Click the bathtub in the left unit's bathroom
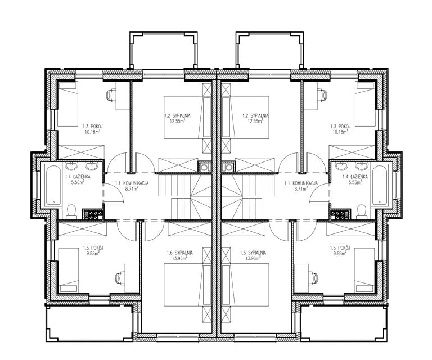[53, 185]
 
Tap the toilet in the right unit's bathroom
[361, 211]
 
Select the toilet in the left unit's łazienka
[71, 211]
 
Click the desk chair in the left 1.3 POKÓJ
[111, 95]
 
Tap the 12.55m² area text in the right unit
[255, 120]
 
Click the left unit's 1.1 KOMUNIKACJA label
[132, 183]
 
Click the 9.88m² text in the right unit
[339, 253]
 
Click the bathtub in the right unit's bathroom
[379, 185]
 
